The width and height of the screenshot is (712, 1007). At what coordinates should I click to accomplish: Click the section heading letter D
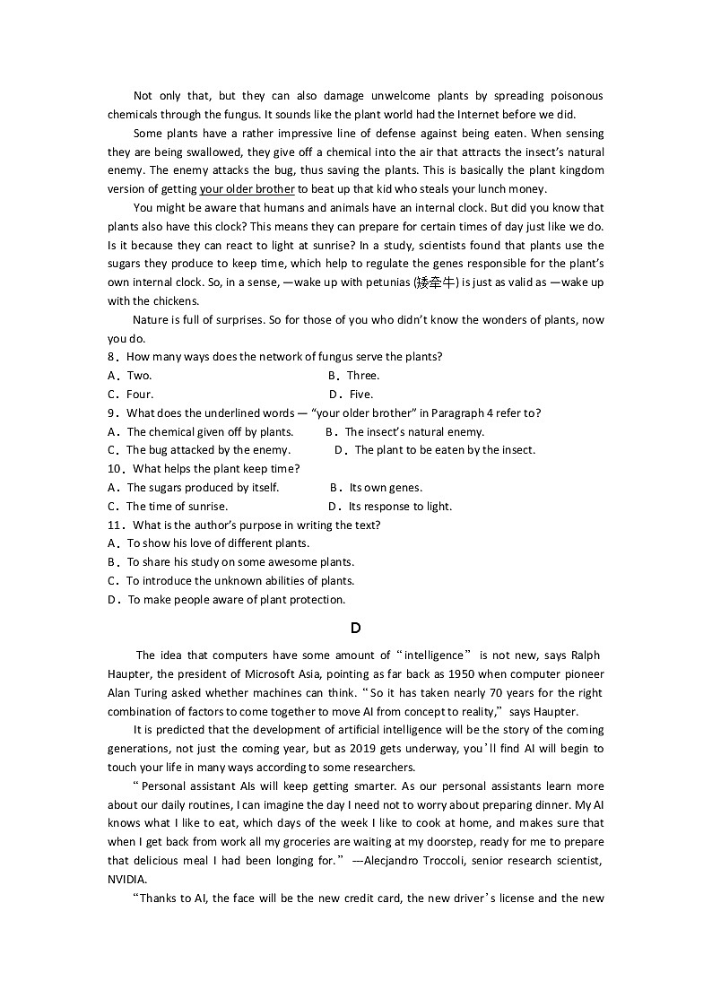356,629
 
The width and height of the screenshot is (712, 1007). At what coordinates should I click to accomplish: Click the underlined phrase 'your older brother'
247,189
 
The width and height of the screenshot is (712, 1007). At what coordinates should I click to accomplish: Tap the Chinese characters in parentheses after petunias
437,283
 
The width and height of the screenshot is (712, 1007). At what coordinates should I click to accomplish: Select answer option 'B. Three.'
354,376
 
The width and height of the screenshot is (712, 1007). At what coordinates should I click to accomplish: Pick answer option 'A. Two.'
130,376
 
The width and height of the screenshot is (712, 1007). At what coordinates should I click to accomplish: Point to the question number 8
112,357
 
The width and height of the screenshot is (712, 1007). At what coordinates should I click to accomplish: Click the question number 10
115,469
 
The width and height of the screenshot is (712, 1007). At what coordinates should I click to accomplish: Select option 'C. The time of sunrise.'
168,507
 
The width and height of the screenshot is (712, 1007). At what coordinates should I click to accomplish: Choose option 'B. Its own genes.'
377,488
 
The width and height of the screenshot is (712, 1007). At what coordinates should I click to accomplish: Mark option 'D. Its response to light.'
390,507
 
